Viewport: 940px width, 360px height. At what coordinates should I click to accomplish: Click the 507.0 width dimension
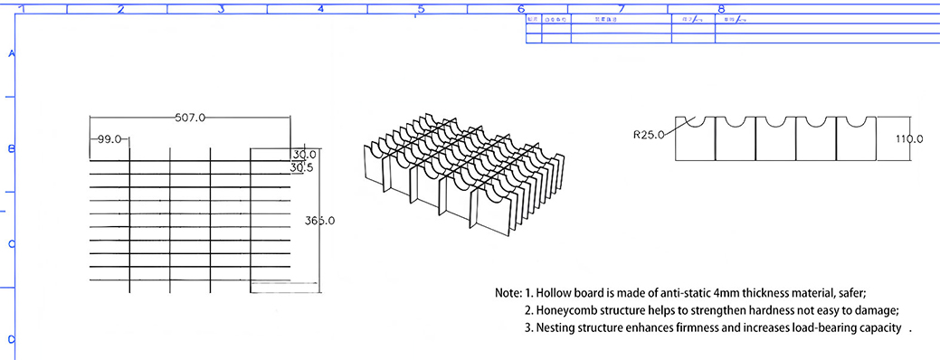click(x=190, y=118)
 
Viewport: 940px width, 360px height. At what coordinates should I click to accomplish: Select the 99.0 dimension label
click(x=109, y=139)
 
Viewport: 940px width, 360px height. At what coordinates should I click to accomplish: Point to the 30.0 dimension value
click(x=303, y=155)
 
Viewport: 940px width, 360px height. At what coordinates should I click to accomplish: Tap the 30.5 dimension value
click(x=303, y=167)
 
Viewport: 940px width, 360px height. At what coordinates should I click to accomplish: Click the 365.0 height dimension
click(x=320, y=221)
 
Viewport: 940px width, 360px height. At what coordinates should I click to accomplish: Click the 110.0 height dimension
click(x=908, y=138)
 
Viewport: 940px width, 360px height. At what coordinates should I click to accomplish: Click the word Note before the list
click(x=508, y=293)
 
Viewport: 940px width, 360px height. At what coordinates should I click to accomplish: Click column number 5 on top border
click(x=421, y=9)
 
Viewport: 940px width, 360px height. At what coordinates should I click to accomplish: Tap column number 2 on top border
click(x=120, y=9)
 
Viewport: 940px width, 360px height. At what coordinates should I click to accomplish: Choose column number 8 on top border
click(x=721, y=9)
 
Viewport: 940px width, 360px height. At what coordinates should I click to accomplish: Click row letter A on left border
click(x=12, y=53)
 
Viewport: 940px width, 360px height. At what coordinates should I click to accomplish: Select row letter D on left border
click(x=12, y=340)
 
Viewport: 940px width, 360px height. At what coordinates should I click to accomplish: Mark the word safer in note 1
click(x=850, y=293)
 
